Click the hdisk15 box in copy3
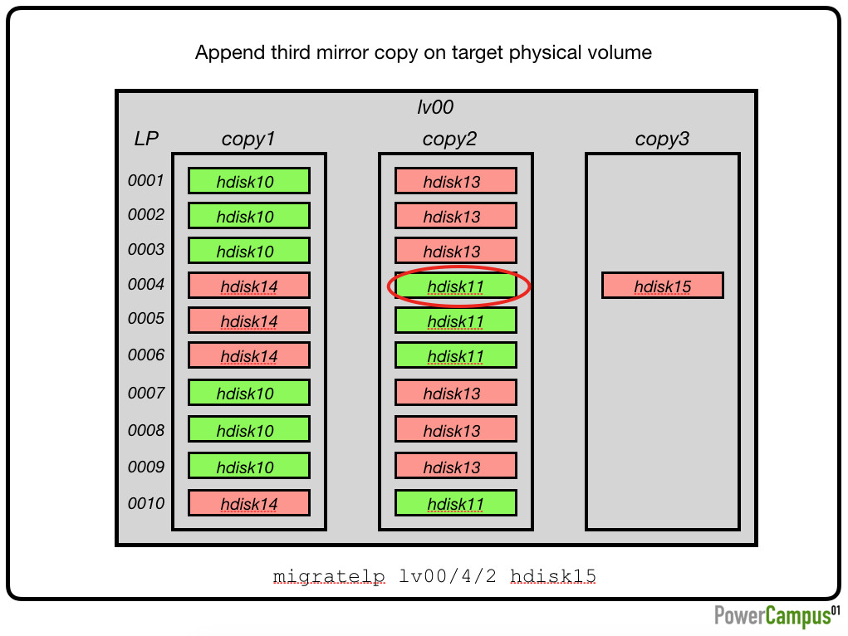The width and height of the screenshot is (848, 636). [x=663, y=286]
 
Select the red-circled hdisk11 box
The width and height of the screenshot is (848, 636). [x=455, y=286]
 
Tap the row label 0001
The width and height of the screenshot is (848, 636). [x=145, y=180]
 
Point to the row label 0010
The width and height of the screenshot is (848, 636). [x=145, y=503]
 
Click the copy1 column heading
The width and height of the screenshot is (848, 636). [x=248, y=139]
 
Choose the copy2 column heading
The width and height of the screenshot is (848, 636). [x=449, y=139]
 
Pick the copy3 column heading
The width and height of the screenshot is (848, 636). [x=662, y=139]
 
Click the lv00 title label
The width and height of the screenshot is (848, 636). [x=435, y=107]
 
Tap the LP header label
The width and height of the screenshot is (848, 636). [x=146, y=139]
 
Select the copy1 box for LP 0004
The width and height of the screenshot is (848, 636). [x=249, y=286]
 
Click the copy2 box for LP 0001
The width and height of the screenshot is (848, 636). [x=455, y=181]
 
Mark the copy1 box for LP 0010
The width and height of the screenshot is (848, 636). [x=249, y=503]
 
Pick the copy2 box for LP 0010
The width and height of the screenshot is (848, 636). [x=455, y=503]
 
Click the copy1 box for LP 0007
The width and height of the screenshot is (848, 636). [x=249, y=393]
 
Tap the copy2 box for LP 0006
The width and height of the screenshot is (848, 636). [x=455, y=355]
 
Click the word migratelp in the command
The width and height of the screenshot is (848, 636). [x=329, y=576]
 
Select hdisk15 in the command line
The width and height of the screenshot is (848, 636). [x=552, y=576]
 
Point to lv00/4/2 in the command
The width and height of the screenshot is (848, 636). [x=447, y=576]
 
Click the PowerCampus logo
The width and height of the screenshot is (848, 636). [x=777, y=615]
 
